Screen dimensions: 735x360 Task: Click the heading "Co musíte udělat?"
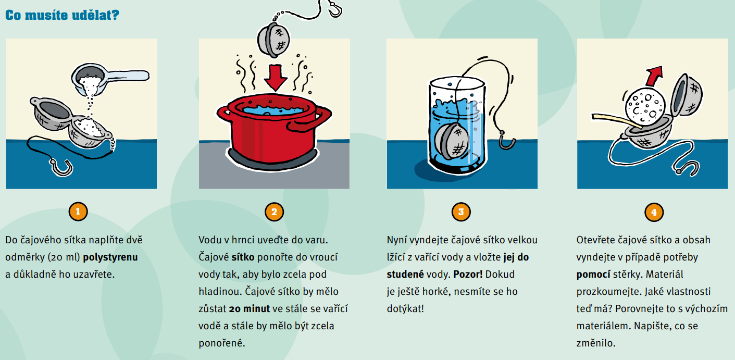pos(63,15)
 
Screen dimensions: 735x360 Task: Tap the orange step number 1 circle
pos(78,212)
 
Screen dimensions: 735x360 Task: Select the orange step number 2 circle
pos(274,212)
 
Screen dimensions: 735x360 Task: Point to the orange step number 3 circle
pos(461,212)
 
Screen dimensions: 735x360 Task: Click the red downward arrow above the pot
pos(276,78)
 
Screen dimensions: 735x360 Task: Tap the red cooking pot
pos(274,130)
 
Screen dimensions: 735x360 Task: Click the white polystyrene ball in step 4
pos(645,107)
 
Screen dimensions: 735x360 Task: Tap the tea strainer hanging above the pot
pos(273,40)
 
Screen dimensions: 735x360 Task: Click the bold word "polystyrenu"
pos(110,257)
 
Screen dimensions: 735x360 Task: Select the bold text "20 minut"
pos(250,309)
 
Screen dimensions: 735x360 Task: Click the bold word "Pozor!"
pos(468,275)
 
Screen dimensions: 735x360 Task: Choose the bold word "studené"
pos(405,275)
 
